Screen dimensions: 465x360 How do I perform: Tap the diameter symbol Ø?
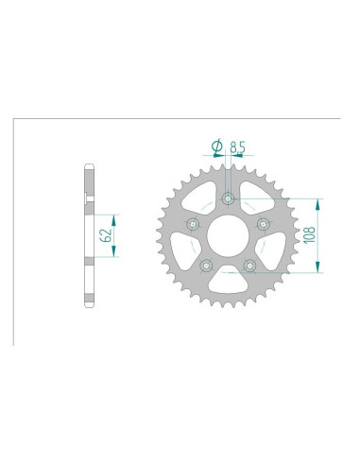tap(216, 146)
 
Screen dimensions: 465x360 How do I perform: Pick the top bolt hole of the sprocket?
tap(228, 199)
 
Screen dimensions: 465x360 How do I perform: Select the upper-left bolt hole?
tap(194, 224)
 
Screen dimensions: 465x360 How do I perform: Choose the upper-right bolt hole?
tap(262, 224)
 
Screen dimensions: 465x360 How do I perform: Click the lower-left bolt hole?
tap(206, 265)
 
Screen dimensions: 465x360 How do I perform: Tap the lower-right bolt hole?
tap(249, 265)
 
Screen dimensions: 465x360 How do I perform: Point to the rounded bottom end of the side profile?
tap(89, 301)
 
